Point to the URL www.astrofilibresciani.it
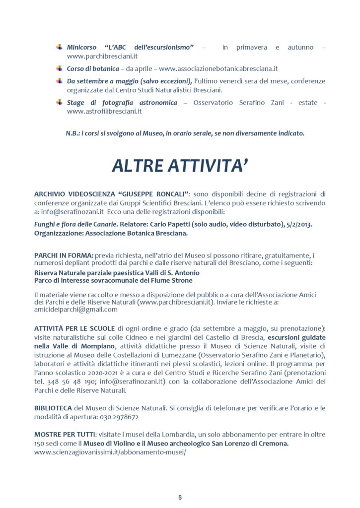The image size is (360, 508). click(104, 112)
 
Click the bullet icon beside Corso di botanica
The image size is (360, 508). click(59, 68)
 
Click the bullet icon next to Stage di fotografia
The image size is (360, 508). click(59, 102)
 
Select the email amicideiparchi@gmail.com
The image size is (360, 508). click(76, 309)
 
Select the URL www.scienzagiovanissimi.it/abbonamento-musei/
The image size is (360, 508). click(110, 452)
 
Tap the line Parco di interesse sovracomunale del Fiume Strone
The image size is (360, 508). click(113, 280)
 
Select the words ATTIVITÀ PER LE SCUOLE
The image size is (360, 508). click(75, 328)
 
